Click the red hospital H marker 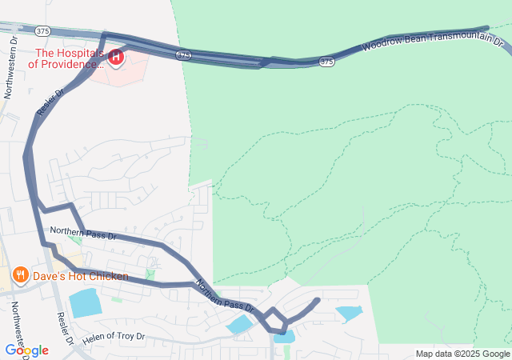(x=116, y=57)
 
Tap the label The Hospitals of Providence (x=67, y=58)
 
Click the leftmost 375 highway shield (x=43, y=30)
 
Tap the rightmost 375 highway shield (x=326, y=61)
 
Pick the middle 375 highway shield (x=184, y=54)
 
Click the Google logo (x=26, y=350)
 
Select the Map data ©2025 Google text (x=462, y=354)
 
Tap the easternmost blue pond (x=349, y=313)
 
